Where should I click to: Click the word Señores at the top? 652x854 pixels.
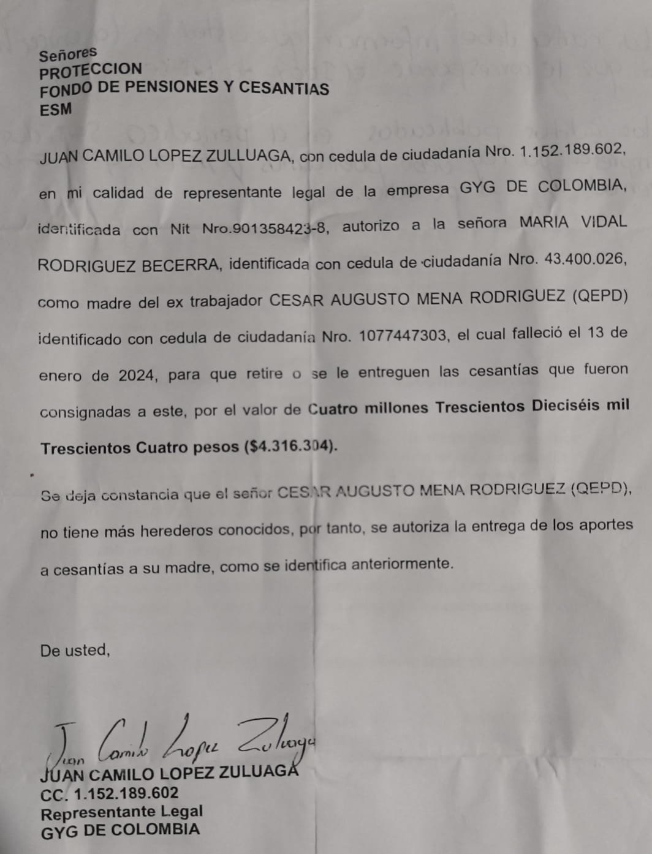[x=68, y=55]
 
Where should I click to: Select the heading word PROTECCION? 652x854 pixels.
[x=91, y=71]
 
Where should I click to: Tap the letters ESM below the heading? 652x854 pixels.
[x=56, y=110]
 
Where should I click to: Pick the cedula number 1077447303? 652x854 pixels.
[x=403, y=336]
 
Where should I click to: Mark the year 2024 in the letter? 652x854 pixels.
[x=137, y=376]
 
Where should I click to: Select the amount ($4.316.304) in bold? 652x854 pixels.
[x=290, y=446]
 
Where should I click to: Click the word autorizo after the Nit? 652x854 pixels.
[x=371, y=226]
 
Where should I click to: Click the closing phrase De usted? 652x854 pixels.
[x=75, y=650]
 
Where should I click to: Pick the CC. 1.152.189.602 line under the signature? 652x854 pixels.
[x=110, y=794]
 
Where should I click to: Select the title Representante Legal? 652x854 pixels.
[x=121, y=812]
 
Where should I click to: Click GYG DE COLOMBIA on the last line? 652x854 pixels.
[x=120, y=831]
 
